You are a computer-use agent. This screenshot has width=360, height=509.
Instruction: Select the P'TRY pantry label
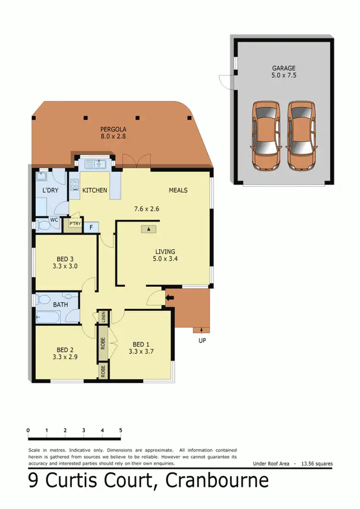[x=75, y=224]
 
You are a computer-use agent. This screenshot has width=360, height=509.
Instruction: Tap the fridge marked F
[x=91, y=227]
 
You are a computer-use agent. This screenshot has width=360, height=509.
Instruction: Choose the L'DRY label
[x=50, y=191]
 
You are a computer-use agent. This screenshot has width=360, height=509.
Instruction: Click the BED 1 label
[x=141, y=344]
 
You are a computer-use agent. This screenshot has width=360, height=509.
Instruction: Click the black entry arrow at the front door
[x=168, y=298]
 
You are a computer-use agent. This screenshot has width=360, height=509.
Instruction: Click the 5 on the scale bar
[x=120, y=430]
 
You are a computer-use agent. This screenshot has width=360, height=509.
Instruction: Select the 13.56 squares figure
[x=316, y=464]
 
